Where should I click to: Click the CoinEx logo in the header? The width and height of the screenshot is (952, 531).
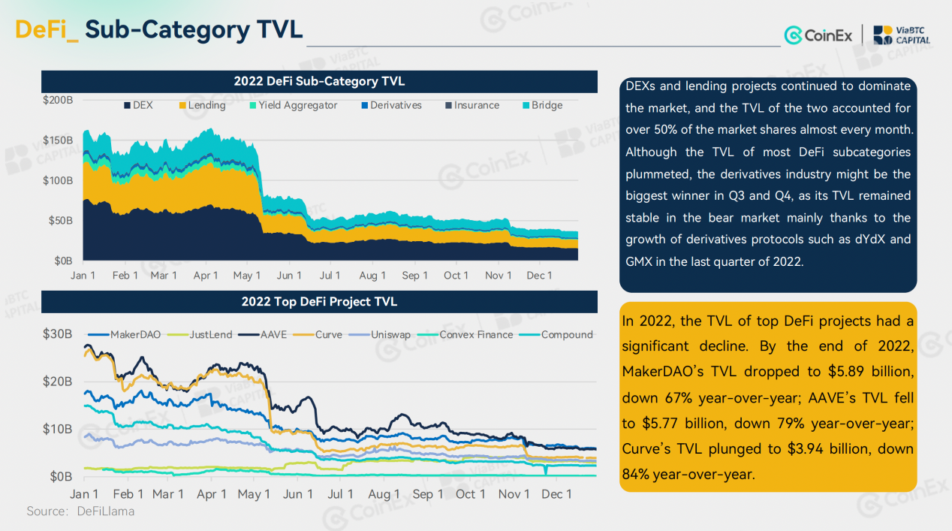click(x=818, y=35)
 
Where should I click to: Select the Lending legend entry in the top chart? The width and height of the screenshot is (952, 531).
click(x=201, y=105)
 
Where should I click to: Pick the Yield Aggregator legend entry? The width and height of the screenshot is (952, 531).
click(x=293, y=105)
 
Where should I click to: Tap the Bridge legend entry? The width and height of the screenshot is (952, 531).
click(x=542, y=105)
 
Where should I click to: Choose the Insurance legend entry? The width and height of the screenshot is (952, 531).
click(x=471, y=105)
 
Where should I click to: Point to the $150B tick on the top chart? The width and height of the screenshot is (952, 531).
click(x=58, y=140)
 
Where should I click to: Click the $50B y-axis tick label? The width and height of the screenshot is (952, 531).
click(x=61, y=221)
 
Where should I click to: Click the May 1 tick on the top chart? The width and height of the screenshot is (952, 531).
click(x=247, y=276)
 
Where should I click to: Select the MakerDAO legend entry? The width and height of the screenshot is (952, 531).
click(x=129, y=334)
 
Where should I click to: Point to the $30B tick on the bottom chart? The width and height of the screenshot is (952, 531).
click(x=58, y=333)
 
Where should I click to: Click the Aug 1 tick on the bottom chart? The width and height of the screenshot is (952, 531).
click(x=384, y=494)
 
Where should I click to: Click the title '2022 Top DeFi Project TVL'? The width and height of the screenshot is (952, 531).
click(x=319, y=302)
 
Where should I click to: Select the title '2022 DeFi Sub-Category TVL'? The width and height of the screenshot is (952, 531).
click(x=319, y=81)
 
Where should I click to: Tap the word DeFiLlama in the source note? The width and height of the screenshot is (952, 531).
click(x=105, y=511)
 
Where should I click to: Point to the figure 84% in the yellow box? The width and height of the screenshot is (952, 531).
click(x=636, y=475)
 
